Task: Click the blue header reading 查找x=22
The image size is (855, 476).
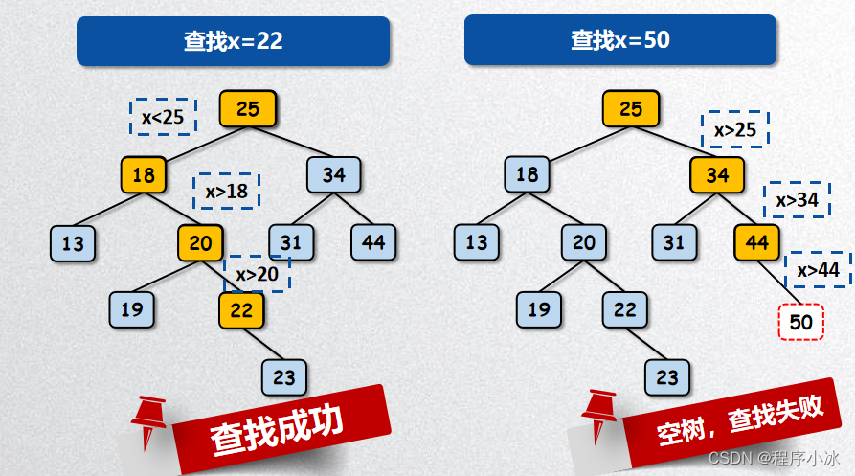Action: (233, 40)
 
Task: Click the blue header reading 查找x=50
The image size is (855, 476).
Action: (619, 40)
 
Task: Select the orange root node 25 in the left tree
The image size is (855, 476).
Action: (247, 109)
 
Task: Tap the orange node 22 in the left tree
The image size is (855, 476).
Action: (241, 309)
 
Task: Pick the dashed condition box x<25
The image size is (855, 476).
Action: (163, 117)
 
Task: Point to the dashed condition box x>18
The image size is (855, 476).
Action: (227, 192)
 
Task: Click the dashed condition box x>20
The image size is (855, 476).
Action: (257, 275)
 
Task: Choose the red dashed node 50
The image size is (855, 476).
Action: (800, 323)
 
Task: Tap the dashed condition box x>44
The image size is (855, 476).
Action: (819, 270)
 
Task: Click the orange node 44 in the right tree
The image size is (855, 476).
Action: (757, 243)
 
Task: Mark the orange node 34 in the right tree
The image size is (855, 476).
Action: (717, 175)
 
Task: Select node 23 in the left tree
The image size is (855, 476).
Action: (284, 377)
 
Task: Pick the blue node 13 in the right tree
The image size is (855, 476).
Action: (476, 243)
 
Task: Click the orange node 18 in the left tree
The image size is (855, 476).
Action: (144, 175)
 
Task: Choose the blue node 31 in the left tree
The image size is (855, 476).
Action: (290, 243)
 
